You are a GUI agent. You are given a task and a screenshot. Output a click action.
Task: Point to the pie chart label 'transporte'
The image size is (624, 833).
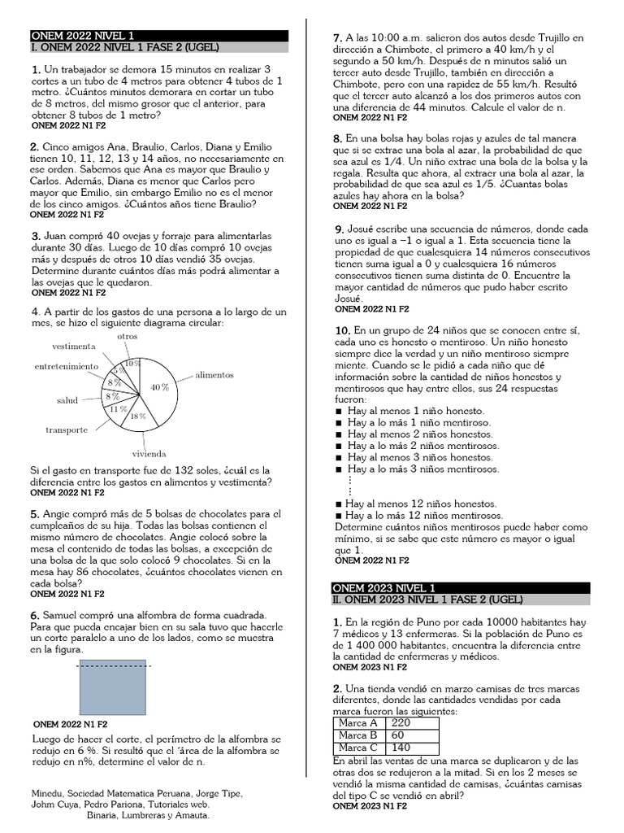click(x=67, y=430)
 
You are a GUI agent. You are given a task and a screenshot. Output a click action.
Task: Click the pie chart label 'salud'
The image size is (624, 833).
click(x=67, y=400)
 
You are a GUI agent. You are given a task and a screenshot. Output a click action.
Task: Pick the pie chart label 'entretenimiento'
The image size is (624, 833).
click(x=66, y=366)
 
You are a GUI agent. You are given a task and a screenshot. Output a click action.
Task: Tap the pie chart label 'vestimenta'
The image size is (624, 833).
click(x=74, y=346)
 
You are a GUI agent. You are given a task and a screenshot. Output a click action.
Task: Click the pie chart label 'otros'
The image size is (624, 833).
click(x=128, y=336)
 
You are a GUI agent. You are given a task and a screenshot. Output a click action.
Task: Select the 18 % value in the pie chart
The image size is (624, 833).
click(x=138, y=416)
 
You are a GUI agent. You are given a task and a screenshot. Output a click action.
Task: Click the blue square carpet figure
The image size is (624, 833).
click(x=113, y=687)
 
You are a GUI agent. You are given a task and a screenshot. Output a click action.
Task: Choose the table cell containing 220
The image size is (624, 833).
click(x=401, y=722)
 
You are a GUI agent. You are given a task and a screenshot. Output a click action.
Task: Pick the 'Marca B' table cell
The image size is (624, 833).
click(x=357, y=735)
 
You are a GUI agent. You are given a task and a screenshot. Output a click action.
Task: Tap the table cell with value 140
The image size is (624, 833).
click(x=401, y=748)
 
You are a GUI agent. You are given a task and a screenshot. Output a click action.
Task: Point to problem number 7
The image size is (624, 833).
click(x=337, y=37)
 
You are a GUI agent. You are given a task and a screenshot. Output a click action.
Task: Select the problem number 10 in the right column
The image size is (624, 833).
click(x=342, y=331)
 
